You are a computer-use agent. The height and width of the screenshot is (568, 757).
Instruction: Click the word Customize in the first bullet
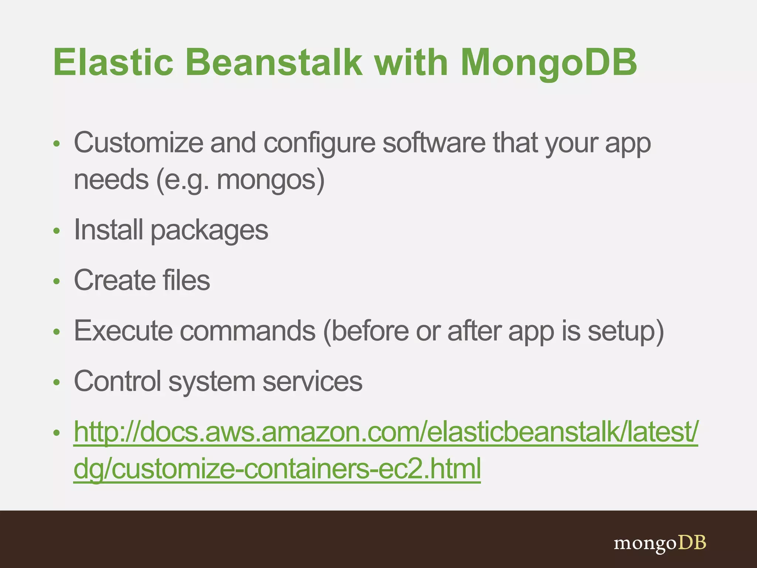click(138, 143)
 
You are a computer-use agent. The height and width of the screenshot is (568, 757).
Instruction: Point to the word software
click(434, 143)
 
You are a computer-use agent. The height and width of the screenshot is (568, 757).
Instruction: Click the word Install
click(108, 230)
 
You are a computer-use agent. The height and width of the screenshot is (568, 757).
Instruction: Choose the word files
click(186, 280)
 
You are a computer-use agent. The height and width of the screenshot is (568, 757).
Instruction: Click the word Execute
click(123, 331)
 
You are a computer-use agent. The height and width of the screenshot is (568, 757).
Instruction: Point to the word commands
click(248, 331)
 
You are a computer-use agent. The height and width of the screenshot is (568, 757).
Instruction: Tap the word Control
click(118, 381)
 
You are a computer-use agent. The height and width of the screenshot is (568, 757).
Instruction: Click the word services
click(312, 381)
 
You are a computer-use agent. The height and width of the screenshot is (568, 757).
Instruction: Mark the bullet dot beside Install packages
click(56, 231)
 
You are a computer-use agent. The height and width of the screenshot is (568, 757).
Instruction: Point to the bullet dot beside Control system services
click(56, 382)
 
